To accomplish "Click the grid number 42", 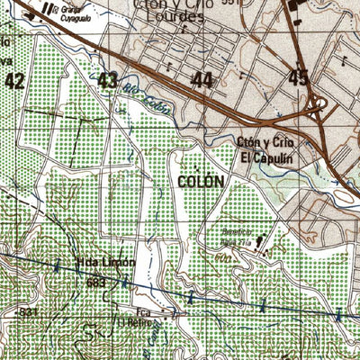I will point(13,81).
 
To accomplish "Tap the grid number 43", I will point(108,81).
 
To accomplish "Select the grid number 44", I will point(202,81).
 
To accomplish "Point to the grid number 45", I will point(299,78).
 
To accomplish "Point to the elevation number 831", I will point(29,311).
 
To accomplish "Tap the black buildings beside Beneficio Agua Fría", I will point(261,241).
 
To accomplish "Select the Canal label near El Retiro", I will point(155,336).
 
